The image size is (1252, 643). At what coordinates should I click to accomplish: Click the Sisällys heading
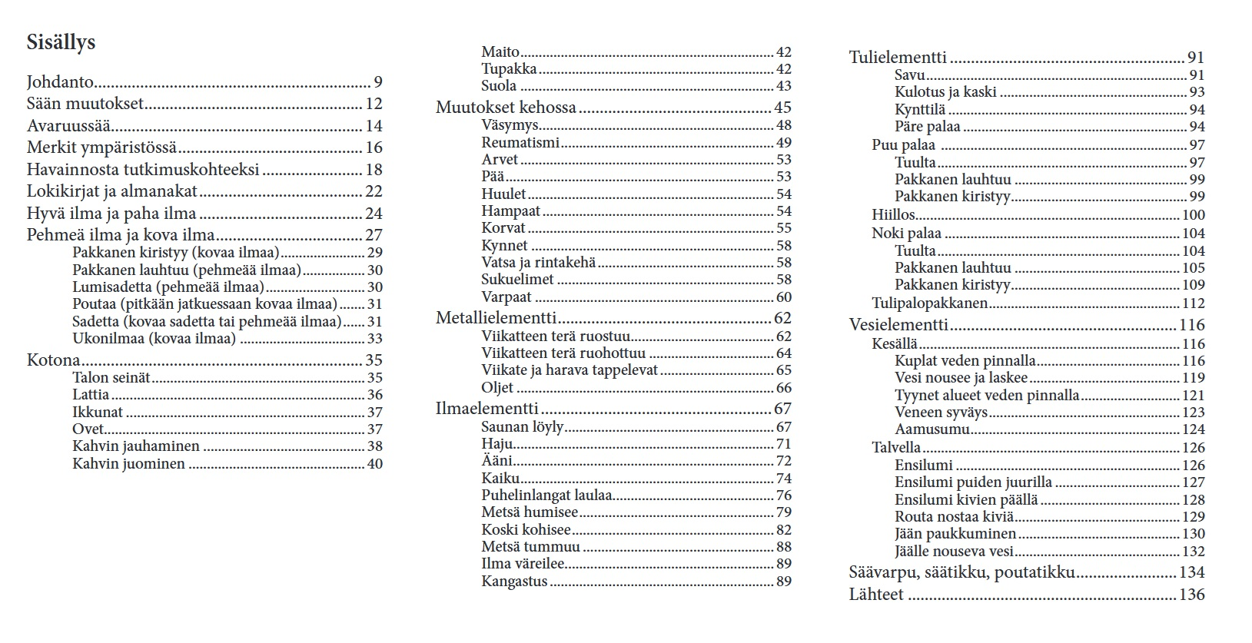click(61, 42)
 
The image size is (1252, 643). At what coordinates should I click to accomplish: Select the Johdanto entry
click(60, 82)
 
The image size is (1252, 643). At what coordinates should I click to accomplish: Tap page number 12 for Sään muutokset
click(374, 104)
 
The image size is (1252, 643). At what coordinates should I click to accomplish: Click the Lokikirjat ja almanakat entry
click(112, 191)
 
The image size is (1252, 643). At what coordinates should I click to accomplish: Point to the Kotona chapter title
click(53, 360)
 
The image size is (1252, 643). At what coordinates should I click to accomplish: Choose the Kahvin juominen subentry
click(128, 464)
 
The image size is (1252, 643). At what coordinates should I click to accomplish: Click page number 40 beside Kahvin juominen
click(374, 464)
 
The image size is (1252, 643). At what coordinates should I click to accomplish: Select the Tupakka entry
click(509, 69)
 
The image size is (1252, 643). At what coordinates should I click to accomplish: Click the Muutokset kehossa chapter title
click(506, 108)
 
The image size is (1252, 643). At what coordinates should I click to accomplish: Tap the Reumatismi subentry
click(520, 143)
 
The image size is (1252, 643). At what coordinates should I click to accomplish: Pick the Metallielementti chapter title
click(496, 318)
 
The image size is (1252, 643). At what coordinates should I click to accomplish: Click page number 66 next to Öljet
click(783, 388)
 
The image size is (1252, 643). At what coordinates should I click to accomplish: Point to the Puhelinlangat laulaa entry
click(546, 496)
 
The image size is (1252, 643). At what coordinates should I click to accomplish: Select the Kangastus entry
click(514, 582)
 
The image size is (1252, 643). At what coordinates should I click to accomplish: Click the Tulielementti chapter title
click(898, 58)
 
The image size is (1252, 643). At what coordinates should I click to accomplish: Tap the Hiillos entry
click(893, 215)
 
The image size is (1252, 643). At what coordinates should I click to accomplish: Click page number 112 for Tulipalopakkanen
click(1193, 303)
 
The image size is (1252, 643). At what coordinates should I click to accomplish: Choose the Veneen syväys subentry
click(941, 413)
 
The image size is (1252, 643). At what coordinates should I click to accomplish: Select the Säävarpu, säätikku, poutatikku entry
click(961, 572)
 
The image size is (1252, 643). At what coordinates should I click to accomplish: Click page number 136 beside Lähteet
click(1192, 595)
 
